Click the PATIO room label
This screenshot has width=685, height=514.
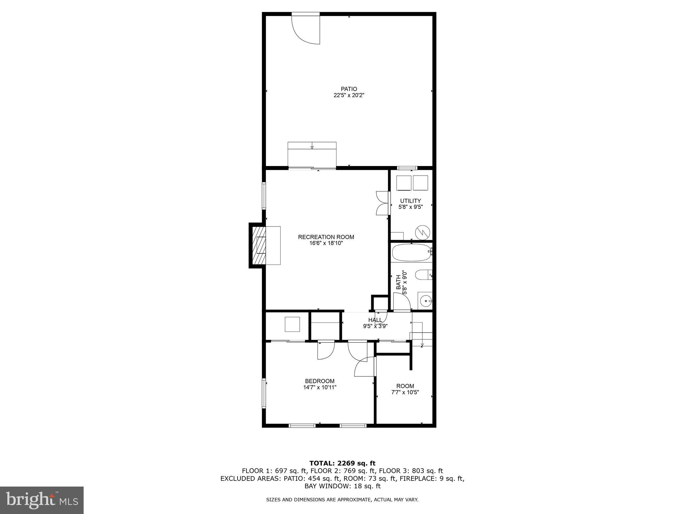tap(349, 89)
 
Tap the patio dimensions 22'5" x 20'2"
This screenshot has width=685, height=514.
tap(349, 95)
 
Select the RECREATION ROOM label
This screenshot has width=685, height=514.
tap(326, 237)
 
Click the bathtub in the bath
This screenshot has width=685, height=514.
tap(411, 253)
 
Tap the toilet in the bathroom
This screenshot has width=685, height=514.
tap(423, 275)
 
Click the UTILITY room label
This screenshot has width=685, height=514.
tap(410, 201)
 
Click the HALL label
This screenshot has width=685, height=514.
tap(375, 320)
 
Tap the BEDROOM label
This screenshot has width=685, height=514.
tap(319, 381)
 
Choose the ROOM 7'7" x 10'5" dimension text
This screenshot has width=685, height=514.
tap(405, 392)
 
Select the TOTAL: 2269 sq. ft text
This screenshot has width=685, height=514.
tap(342, 463)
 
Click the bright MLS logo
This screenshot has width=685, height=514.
tap(42, 500)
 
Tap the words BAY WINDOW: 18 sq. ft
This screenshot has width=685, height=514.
tap(342, 486)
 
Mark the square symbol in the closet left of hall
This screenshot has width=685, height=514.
tap(292, 324)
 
